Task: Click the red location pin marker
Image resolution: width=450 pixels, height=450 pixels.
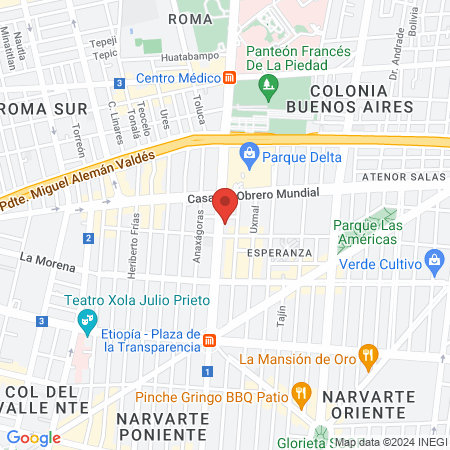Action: pos(226,204)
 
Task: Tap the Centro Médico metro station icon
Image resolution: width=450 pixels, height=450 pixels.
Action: pos(230,78)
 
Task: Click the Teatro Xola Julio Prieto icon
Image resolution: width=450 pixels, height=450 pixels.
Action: pos(85,322)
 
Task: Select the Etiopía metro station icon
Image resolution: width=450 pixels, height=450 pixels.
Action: pos(209,341)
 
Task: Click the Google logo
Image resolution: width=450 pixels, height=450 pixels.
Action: pos(33,437)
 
